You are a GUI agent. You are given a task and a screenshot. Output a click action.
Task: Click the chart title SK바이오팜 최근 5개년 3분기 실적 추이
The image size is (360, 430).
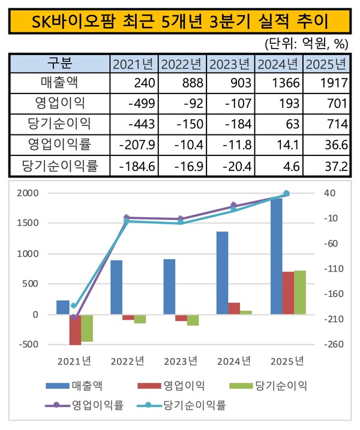[179, 22]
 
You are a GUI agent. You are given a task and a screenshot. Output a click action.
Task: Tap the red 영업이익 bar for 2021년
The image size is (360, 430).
[75, 329]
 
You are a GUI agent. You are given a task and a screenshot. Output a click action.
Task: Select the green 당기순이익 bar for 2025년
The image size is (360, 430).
[299, 293]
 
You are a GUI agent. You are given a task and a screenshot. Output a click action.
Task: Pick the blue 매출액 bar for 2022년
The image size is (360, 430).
[116, 287]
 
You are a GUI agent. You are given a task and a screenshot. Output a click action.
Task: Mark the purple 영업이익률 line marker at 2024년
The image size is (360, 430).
[233, 206]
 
